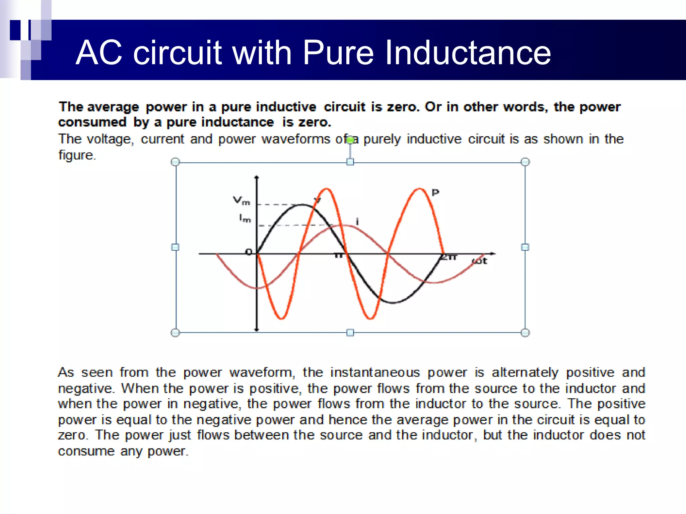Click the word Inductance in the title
coord(468,53)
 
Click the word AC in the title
coord(99,53)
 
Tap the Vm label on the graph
coord(242,201)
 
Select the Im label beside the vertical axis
coord(245,219)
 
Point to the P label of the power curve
coord(435,193)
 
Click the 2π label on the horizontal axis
coord(449,257)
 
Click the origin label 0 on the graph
coord(249,252)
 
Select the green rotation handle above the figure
coord(350,140)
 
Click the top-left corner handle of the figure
coord(175,162)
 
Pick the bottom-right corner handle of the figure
coord(525,333)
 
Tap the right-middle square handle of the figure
coord(525,247)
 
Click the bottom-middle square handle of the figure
coord(350,333)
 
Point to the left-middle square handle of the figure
coord(175,247)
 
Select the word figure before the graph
coord(77,155)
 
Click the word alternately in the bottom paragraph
coord(525,372)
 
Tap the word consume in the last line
coord(86,451)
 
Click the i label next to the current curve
coord(357,222)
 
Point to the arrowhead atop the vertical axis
coord(257,177)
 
